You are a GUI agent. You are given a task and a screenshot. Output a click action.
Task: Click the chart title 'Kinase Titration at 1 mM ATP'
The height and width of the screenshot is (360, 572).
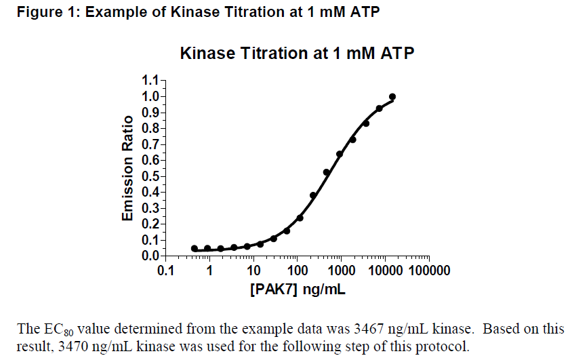(297, 54)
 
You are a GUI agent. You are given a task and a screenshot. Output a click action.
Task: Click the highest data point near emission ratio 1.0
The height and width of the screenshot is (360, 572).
(392, 97)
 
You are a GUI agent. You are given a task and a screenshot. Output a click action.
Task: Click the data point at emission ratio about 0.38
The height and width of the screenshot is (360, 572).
(313, 195)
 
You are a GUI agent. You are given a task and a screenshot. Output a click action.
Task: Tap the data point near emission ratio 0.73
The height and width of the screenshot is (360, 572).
(352, 139)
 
